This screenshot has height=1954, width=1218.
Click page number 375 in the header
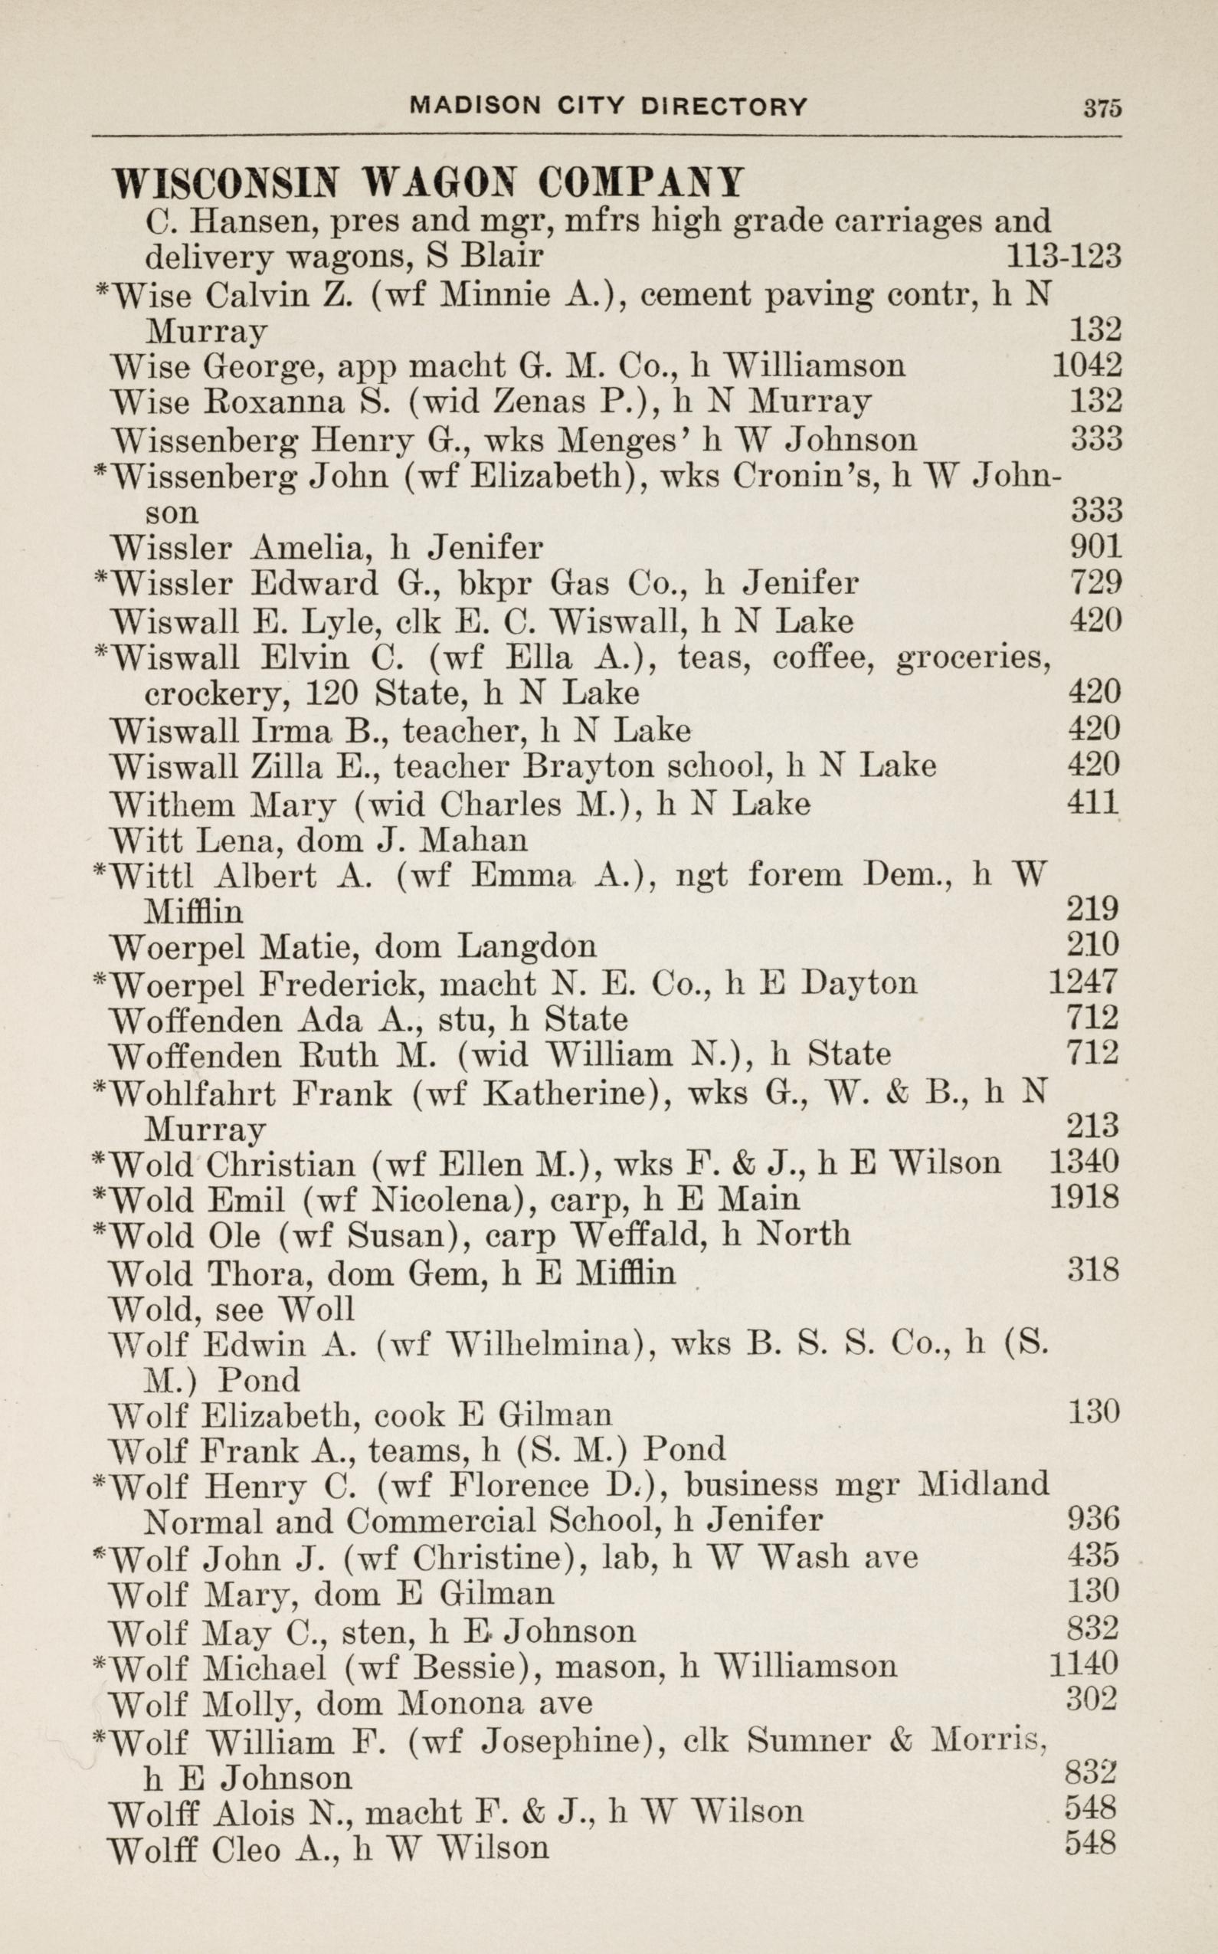(x=1102, y=108)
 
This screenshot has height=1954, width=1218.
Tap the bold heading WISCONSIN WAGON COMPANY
(x=427, y=183)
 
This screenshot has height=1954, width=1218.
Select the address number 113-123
(x=1063, y=255)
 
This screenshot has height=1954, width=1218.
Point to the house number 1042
(x=1087, y=366)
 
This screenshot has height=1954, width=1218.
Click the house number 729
(x=1095, y=582)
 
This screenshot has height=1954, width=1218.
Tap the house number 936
(x=1093, y=1519)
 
